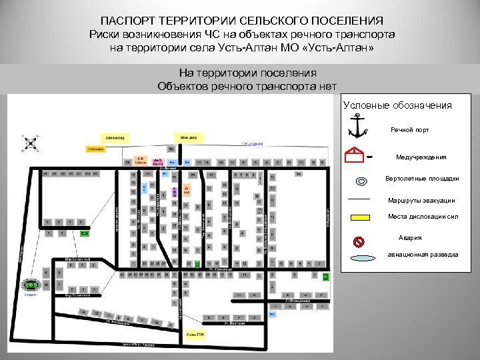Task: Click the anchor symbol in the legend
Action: coord(359,125)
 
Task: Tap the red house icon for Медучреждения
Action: coord(357,157)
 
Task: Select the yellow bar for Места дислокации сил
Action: coord(360,217)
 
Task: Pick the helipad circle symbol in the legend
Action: coord(361,181)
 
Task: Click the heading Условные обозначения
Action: coord(397,105)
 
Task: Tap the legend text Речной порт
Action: coord(410,130)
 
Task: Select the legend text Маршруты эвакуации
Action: coord(422,201)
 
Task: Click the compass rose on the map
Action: coord(30,143)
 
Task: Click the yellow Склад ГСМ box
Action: coord(195,335)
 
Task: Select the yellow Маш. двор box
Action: coord(189,137)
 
